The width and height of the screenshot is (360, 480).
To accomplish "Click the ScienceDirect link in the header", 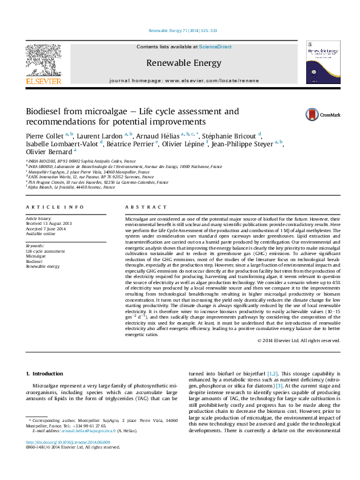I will click(x=215, y=47).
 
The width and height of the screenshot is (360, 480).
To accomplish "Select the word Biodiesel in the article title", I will click(x=44, y=112).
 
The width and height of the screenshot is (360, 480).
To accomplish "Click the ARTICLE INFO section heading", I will click(x=54, y=207).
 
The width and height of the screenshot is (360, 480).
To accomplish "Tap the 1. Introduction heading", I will click(x=47, y=374).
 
